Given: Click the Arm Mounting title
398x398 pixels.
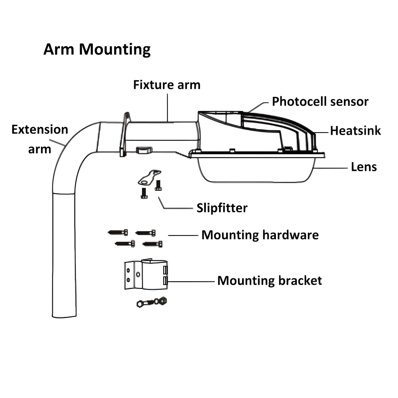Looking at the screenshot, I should pyautogui.click(x=97, y=49).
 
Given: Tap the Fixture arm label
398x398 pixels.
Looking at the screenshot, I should pyautogui.click(x=167, y=85).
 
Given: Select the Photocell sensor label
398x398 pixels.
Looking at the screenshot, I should pyautogui.click(x=320, y=102).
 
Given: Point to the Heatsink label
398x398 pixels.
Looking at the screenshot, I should pyautogui.click(x=355, y=131).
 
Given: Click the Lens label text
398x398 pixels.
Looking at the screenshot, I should pyautogui.click(x=364, y=167).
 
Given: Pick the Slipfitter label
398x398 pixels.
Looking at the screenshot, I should pyautogui.click(x=222, y=208).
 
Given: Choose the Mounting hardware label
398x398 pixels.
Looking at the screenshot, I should pyautogui.click(x=260, y=235).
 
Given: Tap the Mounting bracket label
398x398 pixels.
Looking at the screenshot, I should pyautogui.click(x=270, y=281).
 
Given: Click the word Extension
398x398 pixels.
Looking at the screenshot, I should pyautogui.click(x=40, y=130).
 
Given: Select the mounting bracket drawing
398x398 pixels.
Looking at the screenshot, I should pyautogui.click(x=146, y=275).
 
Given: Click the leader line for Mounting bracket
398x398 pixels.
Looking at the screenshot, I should pyautogui.click(x=191, y=281).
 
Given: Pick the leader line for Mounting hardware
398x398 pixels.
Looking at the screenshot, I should pyautogui.click(x=183, y=235).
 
